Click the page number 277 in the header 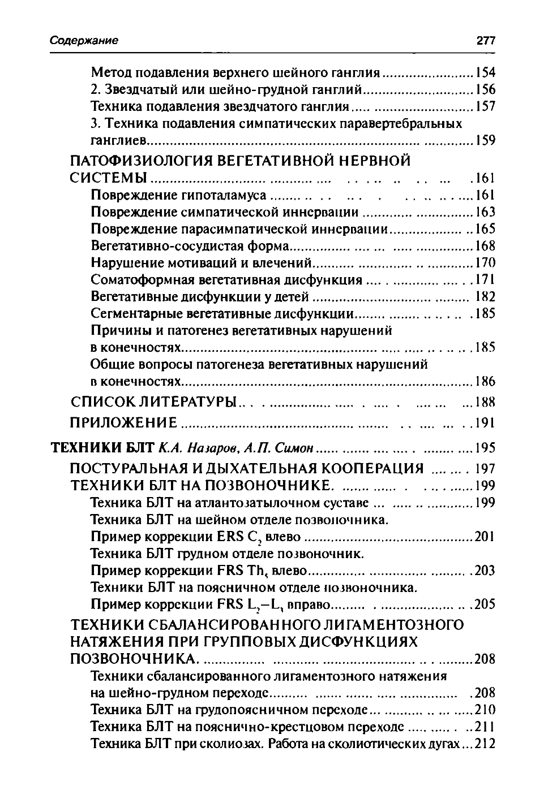coord(486,41)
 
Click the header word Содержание coord(84,41)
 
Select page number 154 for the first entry coord(485,72)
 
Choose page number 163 coord(485,212)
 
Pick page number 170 coord(485,263)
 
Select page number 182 coord(485,296)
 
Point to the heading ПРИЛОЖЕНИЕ coord(123,422)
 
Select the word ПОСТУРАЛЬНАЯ coord(129,468)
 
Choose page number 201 coord(485,536)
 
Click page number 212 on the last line coord(485,744)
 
